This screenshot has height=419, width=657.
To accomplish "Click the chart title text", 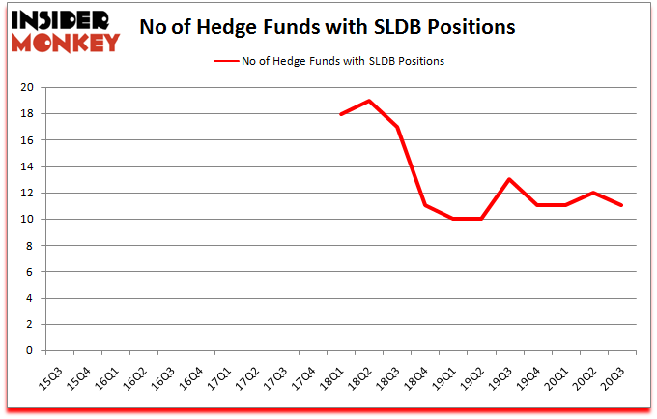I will click(327, 27).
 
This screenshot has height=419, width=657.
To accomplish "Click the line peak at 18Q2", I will click(369, 101).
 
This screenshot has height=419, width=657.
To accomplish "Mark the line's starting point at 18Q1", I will click(341, 114).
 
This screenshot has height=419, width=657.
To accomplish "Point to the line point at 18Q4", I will click(425, 206).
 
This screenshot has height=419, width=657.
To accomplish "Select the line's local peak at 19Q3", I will click(509, 180).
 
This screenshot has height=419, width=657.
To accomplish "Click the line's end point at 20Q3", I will click(621, 206).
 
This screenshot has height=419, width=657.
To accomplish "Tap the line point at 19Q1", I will click(453, 220).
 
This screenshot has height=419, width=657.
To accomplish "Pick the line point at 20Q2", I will click(593, 193).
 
